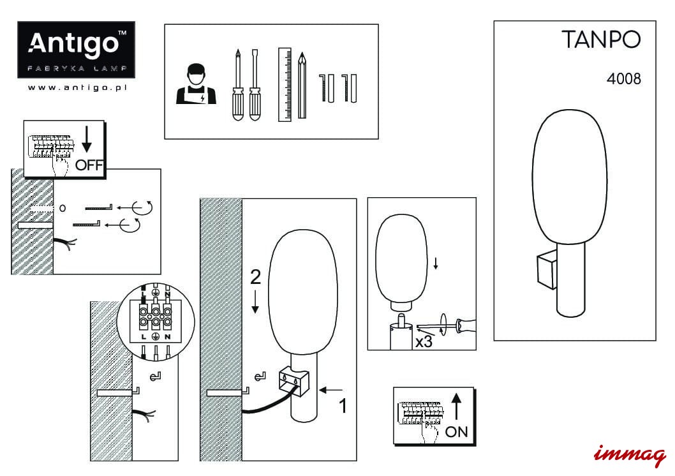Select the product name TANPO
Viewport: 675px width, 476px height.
(x=600, y=40)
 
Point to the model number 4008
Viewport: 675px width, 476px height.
(x=623, y=80)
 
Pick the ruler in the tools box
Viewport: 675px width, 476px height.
(x=285, y=84)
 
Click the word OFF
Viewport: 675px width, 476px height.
(x=89, y=165)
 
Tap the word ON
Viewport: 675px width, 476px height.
(x=456, y=432)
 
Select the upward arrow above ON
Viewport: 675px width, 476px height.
(x=457, y=406)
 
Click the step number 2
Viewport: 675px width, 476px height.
(x=255, y=277)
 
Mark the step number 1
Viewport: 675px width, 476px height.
(x=343, y=405)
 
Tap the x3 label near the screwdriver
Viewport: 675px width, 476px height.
(x=423, y=341)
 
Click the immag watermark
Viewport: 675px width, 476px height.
(x=630, y=454)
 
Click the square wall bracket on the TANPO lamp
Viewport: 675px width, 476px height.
(x=545, y=272)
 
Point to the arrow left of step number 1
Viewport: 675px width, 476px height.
(x=332, y=389)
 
